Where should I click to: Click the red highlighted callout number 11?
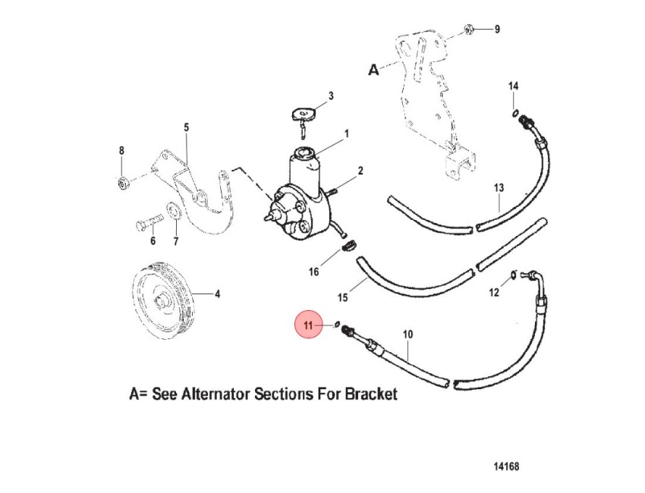pos(308,325)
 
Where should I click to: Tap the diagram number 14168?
pos(506,466)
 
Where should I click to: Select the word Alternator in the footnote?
pos(216,394)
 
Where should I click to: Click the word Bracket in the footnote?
pos(371,394)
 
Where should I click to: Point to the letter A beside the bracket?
pos(373,70)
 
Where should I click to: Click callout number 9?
pos(497,29)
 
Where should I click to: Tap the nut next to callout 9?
pos(467,29)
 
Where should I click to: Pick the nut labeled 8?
pos(121,183)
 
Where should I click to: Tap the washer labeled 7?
pos(175,211)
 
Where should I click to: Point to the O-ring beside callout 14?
pos(515,114)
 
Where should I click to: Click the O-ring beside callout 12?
pos(514,275)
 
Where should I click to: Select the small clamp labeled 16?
pos(350,246)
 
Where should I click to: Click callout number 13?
pos(499,188)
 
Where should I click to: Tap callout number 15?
pos(343,297)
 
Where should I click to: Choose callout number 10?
pos(407,334)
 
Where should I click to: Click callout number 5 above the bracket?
pos(187,127)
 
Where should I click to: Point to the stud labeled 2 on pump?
pos(332,191)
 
